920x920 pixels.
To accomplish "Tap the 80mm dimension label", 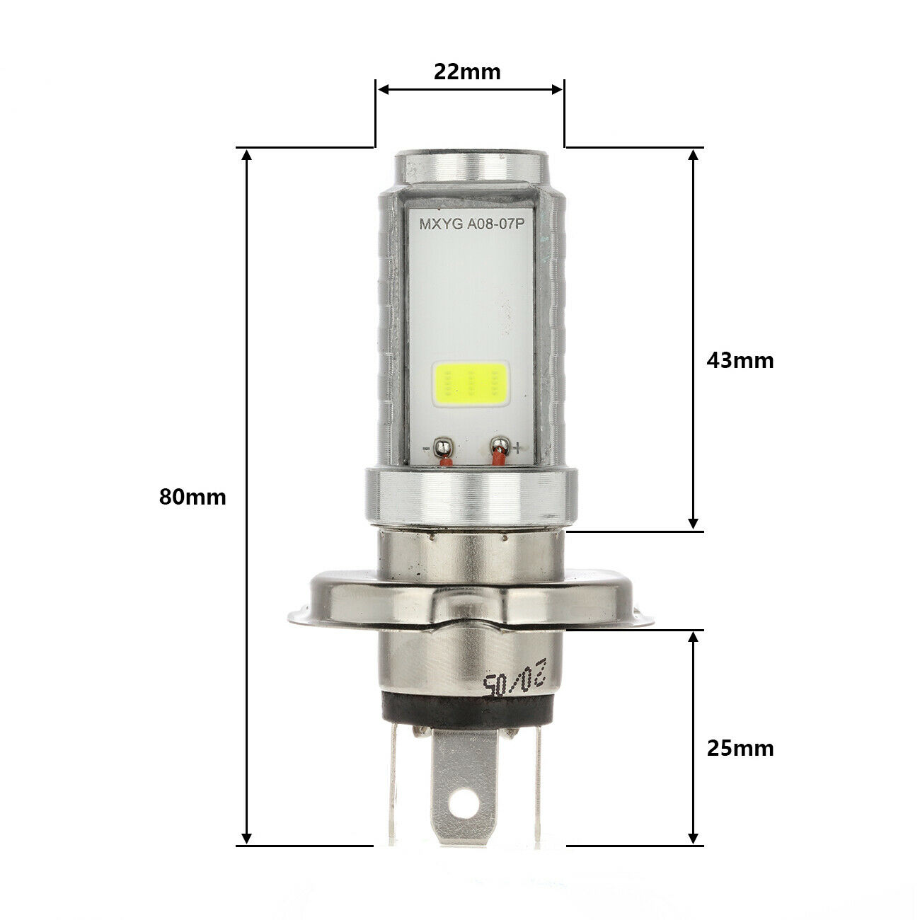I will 192,497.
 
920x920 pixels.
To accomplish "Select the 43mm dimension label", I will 740,360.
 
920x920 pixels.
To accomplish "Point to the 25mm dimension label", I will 740,748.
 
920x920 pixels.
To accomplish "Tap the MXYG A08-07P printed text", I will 470,226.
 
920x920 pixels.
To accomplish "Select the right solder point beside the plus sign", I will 500,447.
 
